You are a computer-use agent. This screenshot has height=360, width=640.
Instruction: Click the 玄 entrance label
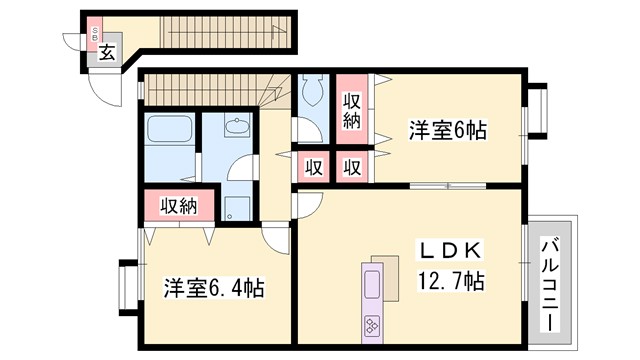click(105, 53)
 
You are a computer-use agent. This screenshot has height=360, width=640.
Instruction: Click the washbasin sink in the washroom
click(237, 128)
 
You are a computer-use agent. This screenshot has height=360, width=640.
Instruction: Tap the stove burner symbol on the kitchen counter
click(372, 324)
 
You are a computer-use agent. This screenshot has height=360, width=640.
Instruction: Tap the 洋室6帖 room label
click(446, 131)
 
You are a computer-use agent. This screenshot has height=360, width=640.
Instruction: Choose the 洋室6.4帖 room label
click(213, 289)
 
